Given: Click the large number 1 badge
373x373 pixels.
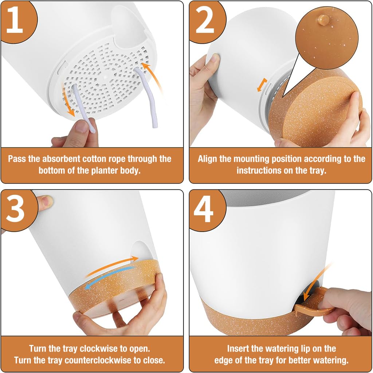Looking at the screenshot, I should [x=15, y=21].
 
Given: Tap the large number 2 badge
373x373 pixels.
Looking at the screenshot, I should [x=204, y=21].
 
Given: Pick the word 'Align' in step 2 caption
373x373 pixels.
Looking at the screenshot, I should [x=208, y=159].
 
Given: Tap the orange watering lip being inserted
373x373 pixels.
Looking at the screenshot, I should [x=313, y=302].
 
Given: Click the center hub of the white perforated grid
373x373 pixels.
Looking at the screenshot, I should [x=105, y=77].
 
